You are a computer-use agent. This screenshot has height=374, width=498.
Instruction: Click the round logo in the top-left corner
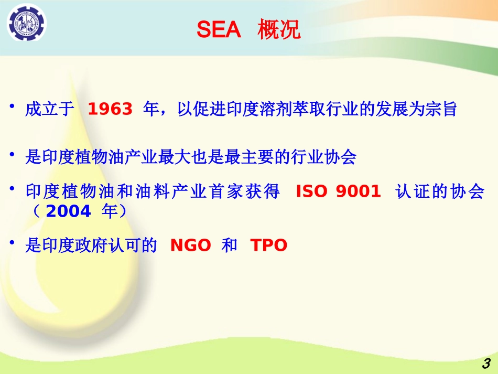pos(26,23)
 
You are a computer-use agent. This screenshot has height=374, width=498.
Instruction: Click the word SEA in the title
pos(219,30)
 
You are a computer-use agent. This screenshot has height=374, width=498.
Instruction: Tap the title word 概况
pos(279,30)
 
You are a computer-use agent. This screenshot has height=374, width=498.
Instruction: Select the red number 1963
pos(110,109)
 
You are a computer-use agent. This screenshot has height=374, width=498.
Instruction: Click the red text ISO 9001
pos(338,191)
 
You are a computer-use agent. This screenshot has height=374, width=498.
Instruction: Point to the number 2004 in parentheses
pos(68,211)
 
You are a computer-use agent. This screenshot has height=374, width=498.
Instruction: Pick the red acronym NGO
pos(191,245)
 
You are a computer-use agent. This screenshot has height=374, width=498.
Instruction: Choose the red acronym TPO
pos(269,245)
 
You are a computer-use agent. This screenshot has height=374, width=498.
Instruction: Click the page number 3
pos(486,364)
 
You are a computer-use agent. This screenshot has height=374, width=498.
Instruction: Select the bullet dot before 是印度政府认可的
pos(12,243)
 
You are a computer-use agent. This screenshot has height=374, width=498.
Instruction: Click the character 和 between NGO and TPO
pos(230,245)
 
